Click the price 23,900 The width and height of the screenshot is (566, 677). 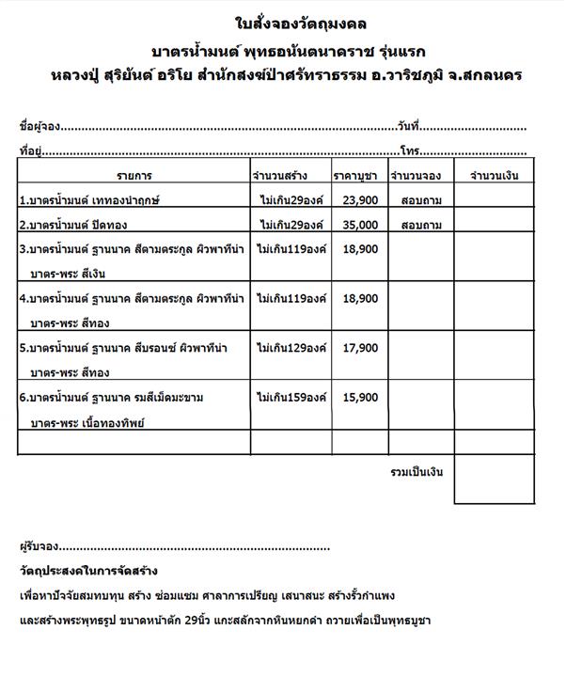pos(360,199)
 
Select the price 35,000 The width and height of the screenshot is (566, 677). pos(360,225)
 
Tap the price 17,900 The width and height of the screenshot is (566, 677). pos(360,347)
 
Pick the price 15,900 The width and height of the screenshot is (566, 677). pos(360,397)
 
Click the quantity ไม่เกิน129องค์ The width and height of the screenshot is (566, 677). pos(291,347)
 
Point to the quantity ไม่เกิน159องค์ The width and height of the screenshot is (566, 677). pos(291,397)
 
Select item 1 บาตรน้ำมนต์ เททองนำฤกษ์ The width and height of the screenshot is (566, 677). pos(85,200)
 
